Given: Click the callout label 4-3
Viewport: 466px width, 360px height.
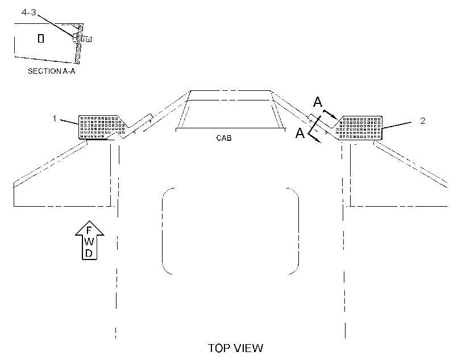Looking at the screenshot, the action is coord(28,12).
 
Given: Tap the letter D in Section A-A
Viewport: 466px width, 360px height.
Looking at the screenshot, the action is coord(41,38).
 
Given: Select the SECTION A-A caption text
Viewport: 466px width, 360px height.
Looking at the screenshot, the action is coord(51,71).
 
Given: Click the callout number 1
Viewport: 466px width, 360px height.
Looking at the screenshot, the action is coord(54,119).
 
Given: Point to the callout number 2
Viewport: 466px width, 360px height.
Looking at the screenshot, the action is coord(423,120).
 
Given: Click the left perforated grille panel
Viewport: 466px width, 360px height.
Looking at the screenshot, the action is coord(102,127).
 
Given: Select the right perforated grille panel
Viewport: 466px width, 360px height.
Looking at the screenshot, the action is coord(359,128).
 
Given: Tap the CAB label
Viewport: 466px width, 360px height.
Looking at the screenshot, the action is coord(224,138).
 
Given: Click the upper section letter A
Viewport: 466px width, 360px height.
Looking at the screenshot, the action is coord(318,102).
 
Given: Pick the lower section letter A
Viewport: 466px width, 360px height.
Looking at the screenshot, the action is coord(300,133).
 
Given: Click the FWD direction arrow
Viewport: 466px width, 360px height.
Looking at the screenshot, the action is coord(89,240).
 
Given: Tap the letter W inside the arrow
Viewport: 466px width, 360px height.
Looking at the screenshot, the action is coord(89,242).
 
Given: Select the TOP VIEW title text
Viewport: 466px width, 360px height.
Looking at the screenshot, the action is coord(235,348).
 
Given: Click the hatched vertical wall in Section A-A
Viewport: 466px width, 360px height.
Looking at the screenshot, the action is coord(78,44).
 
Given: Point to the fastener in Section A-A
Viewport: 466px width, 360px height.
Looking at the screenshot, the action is coord(82,38).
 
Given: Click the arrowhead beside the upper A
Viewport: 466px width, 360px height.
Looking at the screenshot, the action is coord(335,117).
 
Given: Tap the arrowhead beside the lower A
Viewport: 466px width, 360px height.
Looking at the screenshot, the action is coord(318,141).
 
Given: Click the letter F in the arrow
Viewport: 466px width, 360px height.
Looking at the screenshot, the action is coord(89,231).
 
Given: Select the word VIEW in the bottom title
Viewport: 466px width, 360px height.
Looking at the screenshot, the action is coord(248,348).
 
